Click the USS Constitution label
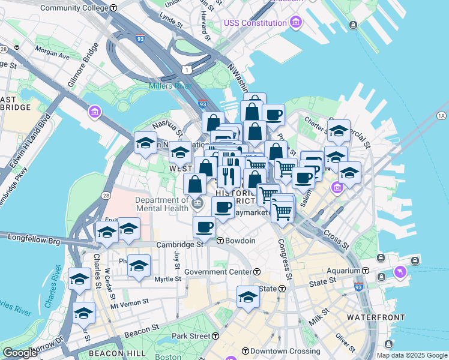click(255, 23)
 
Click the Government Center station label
click(218, 272)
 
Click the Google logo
click(20, 353)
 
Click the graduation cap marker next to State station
click(248, 296)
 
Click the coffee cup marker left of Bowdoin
click(204, 227)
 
